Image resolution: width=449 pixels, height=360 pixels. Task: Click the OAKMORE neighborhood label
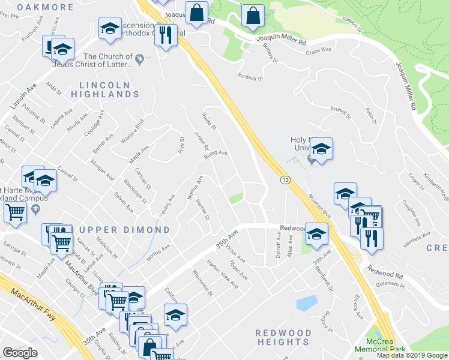[x=45, y=7]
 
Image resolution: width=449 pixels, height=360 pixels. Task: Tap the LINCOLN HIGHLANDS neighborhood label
[x=104, y=89]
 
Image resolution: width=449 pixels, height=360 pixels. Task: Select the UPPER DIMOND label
[x=124, y=230]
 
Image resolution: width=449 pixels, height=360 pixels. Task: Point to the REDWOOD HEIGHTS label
[x=283, y=337]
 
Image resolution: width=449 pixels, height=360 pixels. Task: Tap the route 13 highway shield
[x=285, y=179]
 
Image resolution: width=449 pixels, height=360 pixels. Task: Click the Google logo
[x=20, y=353]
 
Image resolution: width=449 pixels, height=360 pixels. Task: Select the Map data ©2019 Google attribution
[x=412, y=355]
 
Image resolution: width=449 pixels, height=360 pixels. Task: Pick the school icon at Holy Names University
[x=322, y=150]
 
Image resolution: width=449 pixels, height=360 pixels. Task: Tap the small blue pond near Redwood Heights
[x=306, y=302]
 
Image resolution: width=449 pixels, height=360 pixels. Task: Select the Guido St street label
[x=209, y=121]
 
